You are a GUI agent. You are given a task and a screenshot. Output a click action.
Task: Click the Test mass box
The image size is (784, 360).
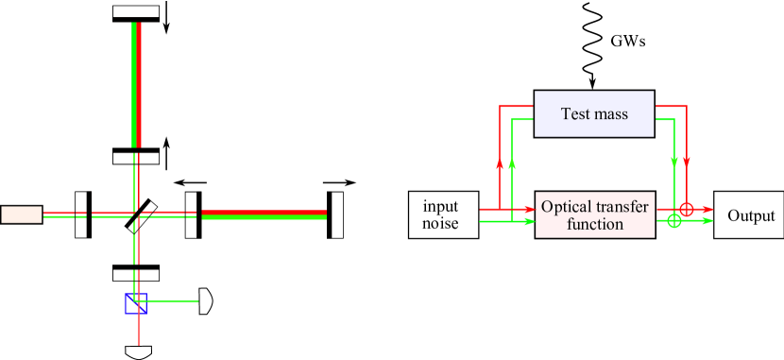click(594, 113)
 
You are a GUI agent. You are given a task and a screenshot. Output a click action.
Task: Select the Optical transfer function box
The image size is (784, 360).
click(595, 215)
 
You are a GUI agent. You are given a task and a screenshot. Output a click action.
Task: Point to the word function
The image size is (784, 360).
click(595, 225)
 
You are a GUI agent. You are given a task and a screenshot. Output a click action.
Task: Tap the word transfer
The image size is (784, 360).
click(622, 207)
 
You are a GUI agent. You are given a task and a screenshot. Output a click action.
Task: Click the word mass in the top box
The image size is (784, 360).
click(611, 114)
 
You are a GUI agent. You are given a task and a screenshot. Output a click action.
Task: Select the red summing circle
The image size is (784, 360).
click(687, 209)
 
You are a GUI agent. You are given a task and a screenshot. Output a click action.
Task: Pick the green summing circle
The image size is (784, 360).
click(673, 221)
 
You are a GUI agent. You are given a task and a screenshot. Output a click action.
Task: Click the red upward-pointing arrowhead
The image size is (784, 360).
click(500, 163)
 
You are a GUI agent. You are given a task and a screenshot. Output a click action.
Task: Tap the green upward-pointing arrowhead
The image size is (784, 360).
click(512, 163)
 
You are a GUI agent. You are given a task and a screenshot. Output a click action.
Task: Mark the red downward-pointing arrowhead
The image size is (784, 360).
click(687, 162)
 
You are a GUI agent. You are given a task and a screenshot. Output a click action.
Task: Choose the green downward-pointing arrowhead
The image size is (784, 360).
click(673, 162)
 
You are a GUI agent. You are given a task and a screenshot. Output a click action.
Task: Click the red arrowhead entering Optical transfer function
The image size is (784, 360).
click(530, 209)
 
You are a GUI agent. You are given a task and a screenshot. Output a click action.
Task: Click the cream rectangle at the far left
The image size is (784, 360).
click(22, 214)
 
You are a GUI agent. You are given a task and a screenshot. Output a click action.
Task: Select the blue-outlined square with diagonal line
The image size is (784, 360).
click(136, 303)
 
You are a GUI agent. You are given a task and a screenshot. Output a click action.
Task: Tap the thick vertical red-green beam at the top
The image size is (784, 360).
click(137, 85)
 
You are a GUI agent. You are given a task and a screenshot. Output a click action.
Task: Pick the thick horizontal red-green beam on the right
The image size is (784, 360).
click(264, 214)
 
